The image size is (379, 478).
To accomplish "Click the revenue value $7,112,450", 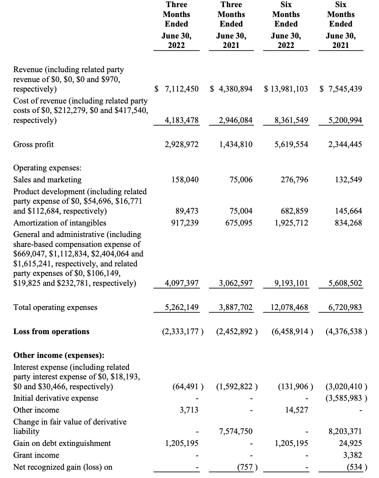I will [x=177, y=89].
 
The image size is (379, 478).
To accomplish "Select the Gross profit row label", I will [x=34, y=144].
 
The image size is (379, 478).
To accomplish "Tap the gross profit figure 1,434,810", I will [x=235, y=144].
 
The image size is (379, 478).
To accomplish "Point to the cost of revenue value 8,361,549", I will [x=291, y=120].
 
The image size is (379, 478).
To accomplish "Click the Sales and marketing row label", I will [x=47, y=180].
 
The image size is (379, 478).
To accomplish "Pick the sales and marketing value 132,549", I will [x=348, y=180].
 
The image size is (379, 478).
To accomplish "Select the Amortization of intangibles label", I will [x=60, y=223].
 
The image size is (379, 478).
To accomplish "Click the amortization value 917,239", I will [x=182, y=223].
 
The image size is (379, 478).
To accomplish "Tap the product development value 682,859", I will [x=291, y=211].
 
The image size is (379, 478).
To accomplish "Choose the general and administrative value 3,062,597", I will [x=235, y=283].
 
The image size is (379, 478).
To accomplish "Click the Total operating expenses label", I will [x=55, y=307].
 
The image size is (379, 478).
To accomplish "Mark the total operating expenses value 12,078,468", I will [x=288, y=307].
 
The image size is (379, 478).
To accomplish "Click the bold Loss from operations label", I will [x=52, y=331].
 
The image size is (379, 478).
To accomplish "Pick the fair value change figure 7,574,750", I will [x=235, y=431].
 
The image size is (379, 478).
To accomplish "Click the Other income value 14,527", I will [x=297, y=410].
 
